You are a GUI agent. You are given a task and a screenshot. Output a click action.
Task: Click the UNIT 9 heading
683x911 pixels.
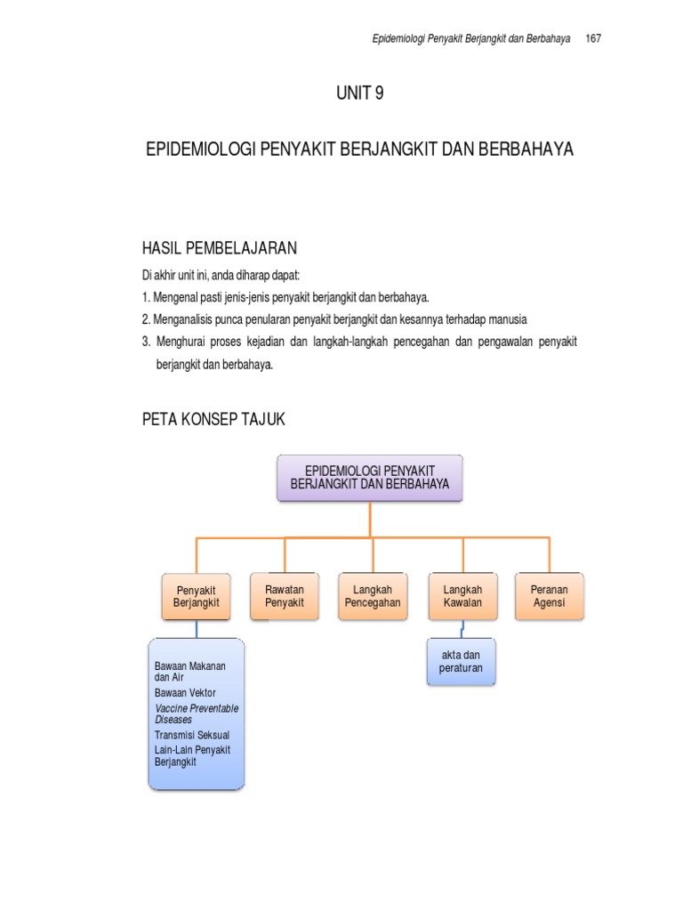tap(359, 93)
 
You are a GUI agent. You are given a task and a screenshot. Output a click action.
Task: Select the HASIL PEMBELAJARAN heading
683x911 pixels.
tap(220, 247)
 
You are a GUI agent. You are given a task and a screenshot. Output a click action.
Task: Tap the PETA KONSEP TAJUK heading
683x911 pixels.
tap(213, 419)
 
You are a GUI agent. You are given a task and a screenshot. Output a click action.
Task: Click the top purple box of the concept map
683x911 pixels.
tap(370, 478)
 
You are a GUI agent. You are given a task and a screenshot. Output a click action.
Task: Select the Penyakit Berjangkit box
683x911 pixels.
tap(197, 597)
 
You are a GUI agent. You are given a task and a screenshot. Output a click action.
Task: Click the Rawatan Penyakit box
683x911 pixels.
tap(284, 596)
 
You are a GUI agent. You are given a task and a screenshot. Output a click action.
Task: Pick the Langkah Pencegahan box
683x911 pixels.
tap(372, 596)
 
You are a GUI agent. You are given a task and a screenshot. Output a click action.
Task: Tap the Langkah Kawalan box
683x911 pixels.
tap(462, 596)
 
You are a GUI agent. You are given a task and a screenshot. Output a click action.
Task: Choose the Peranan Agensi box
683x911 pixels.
tap(549, 596)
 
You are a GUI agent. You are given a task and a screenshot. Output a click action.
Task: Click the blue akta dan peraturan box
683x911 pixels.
tap(460, 662)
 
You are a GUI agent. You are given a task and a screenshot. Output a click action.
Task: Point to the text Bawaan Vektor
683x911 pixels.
tap(185, 692)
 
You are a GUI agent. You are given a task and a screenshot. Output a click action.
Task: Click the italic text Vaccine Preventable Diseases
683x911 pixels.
tap(197, 713)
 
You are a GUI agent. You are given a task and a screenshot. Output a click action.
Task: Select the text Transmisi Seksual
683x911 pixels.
tap(191, 736)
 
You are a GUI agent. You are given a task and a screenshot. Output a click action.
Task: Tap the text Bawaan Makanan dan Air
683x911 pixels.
tap(189, 671)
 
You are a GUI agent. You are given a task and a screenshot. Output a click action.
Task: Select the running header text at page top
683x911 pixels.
tap(470, 40)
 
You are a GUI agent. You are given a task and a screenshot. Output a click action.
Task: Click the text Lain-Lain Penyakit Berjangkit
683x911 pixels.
tap(192, 756)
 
